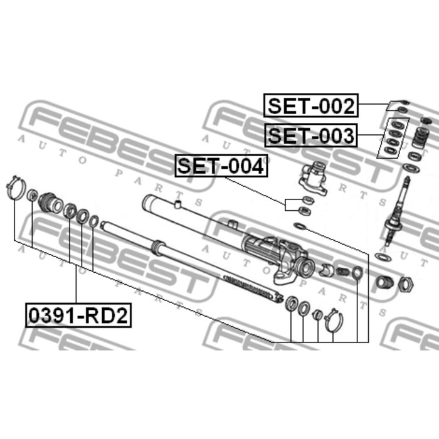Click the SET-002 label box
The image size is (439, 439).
click(x=311, y=105)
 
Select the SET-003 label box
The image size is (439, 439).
click(x=311, y=135)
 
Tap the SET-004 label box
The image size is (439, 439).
click(x=221, y=166)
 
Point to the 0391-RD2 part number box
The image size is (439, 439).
click(x=78, y=315)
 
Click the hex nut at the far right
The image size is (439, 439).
click(x=406, y=284)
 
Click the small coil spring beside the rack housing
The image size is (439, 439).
click(x=342, y=272)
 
